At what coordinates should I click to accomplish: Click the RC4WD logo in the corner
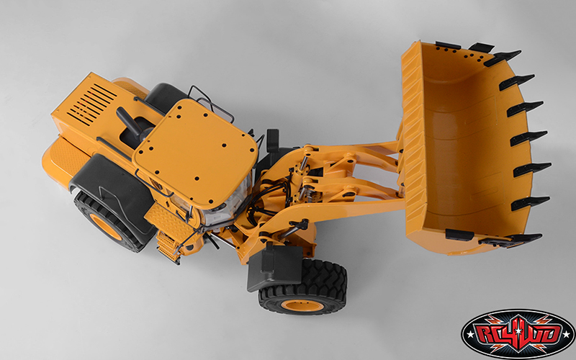(518, 333)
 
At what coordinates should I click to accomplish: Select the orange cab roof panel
(195, 151)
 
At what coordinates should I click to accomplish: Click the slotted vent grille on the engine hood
(92, 104)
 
